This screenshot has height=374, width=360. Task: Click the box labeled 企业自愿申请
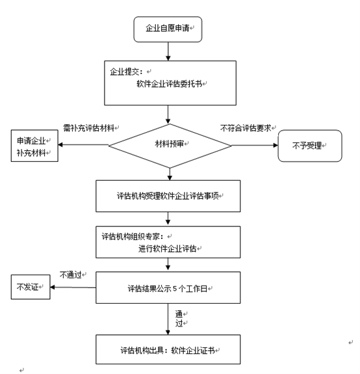[x=168, y=29]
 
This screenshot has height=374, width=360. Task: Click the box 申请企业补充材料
[x=33, y=147]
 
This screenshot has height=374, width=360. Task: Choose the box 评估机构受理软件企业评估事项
[x=169, y=194]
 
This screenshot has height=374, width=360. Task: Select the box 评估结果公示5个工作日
[x=169, y=287]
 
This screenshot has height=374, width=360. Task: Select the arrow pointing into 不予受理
[x=255, y=145]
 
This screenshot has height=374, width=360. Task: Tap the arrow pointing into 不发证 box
[x=73, y=287]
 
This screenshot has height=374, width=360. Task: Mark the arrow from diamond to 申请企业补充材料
[x=83, y=145]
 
